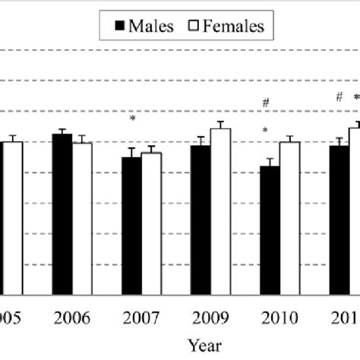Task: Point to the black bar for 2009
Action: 201,219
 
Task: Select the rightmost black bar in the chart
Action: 339,219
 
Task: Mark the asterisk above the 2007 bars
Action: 132,118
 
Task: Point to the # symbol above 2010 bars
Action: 266,103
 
